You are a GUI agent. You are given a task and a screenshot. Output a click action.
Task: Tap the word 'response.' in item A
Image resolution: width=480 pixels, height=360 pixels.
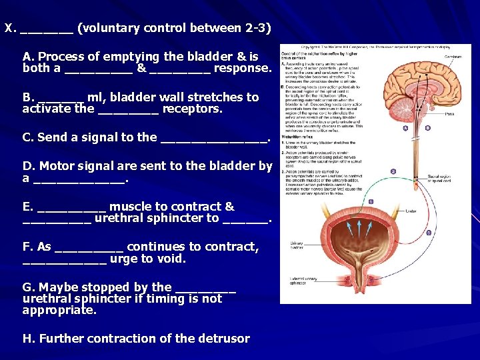[x=243, y=68]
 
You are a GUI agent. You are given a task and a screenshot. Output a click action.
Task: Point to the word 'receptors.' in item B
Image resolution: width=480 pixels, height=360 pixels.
[x=193, y=108]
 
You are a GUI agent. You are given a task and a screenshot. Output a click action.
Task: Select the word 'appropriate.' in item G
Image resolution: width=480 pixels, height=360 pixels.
[x=59, y=310]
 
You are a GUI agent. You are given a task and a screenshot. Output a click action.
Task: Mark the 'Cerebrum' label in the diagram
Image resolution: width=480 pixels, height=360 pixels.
[x=453, y=57]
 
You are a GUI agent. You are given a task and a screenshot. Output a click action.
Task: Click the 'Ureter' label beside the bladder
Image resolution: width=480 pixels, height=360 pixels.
[x=411, y=211]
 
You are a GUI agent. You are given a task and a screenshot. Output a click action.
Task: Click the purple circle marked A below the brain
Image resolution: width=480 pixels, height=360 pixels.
[x=406, y=128]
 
